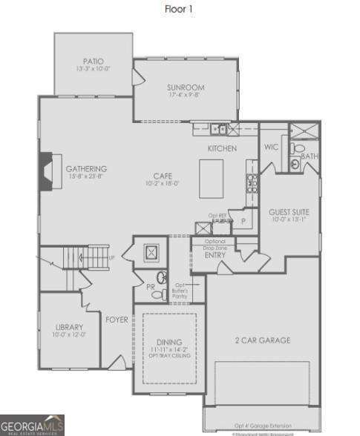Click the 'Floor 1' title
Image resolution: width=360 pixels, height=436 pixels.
click(180, 10)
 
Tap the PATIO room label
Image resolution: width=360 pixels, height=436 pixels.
click(94, 62)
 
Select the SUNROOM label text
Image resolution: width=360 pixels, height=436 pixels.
click(185, 87)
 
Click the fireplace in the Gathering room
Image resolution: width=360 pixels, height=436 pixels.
click(48, 171)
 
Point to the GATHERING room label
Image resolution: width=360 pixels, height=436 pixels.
click(86, 168)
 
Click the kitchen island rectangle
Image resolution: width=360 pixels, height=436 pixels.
click(217, 180)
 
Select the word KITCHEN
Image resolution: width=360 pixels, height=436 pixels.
click(222, 149)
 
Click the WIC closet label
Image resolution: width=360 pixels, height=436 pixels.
click(271, 147)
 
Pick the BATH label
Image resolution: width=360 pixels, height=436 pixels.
click(310, 156)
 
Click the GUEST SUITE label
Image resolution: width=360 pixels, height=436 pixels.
click(289, 212)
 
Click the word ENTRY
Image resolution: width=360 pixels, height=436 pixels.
click(215, 256)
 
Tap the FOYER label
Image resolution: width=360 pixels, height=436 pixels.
click(117, 320)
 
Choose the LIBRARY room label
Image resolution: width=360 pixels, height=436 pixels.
click(69, 327)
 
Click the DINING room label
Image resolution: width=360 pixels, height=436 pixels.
click(168, 342)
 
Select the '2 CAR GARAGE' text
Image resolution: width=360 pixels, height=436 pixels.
click(263, 340)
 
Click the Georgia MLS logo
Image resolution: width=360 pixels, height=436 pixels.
click(32, 424)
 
